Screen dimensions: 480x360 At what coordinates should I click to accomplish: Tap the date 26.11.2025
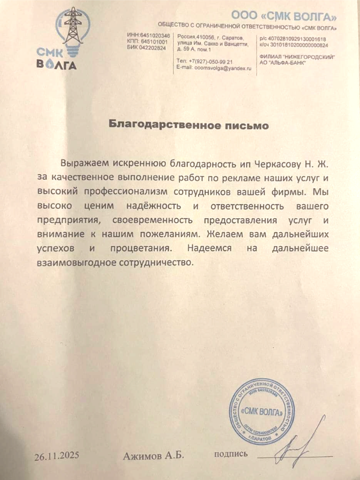point(57,457)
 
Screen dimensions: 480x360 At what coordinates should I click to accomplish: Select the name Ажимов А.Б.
point(154,457)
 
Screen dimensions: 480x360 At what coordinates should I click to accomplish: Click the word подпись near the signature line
point(231,454)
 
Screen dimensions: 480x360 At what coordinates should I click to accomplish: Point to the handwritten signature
point(298,447)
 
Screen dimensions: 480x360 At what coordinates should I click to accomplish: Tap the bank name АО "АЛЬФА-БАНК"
point(283,63)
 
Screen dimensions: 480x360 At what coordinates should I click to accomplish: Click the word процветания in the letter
point(140,248)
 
